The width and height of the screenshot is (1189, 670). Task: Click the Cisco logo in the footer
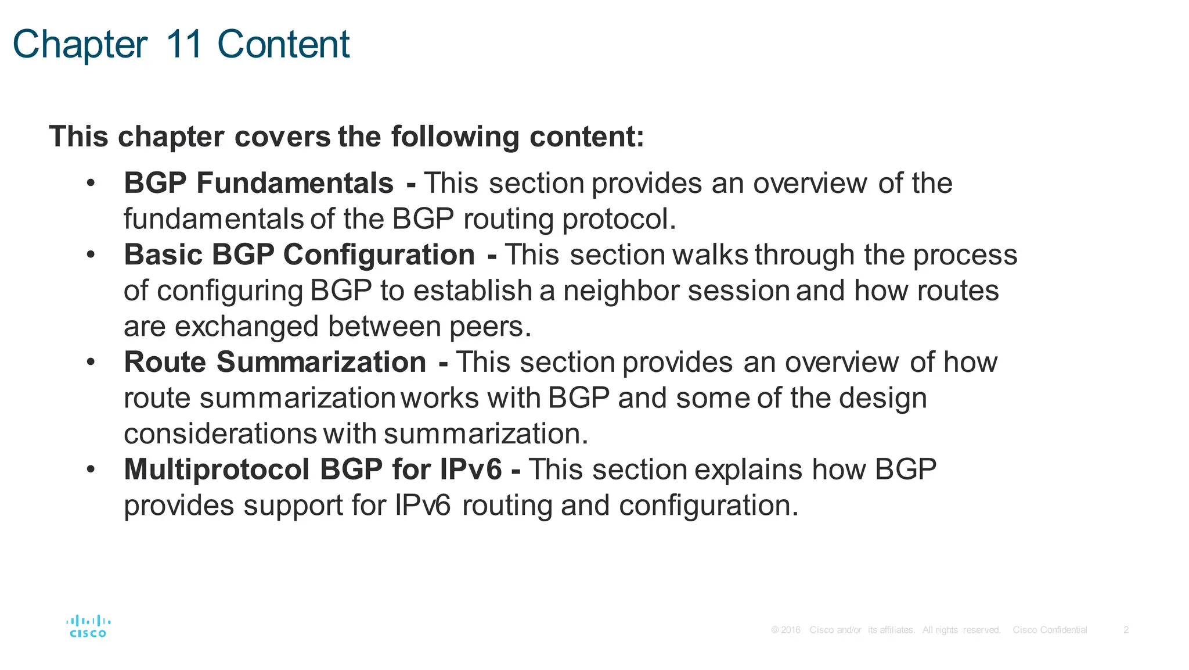(88, 626)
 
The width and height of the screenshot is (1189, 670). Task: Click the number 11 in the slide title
(184, 44)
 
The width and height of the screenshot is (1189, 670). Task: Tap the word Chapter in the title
(80, 45)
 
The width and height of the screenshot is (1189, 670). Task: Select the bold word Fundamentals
(295, 183)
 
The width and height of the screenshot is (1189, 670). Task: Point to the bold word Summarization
(322, 362)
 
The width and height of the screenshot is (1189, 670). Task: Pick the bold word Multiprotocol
(217, 470)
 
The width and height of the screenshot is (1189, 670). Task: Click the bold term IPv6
(470, 470)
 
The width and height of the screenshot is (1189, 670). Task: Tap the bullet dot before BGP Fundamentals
(90, 184)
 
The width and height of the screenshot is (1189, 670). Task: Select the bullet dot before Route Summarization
(90, 363)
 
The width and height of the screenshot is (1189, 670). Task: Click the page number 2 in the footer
(1126, 630)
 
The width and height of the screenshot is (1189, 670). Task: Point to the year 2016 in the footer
(790, 630)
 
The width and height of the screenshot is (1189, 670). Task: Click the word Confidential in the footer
(1064, 630)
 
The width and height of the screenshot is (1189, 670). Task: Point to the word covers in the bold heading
(282, 137)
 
